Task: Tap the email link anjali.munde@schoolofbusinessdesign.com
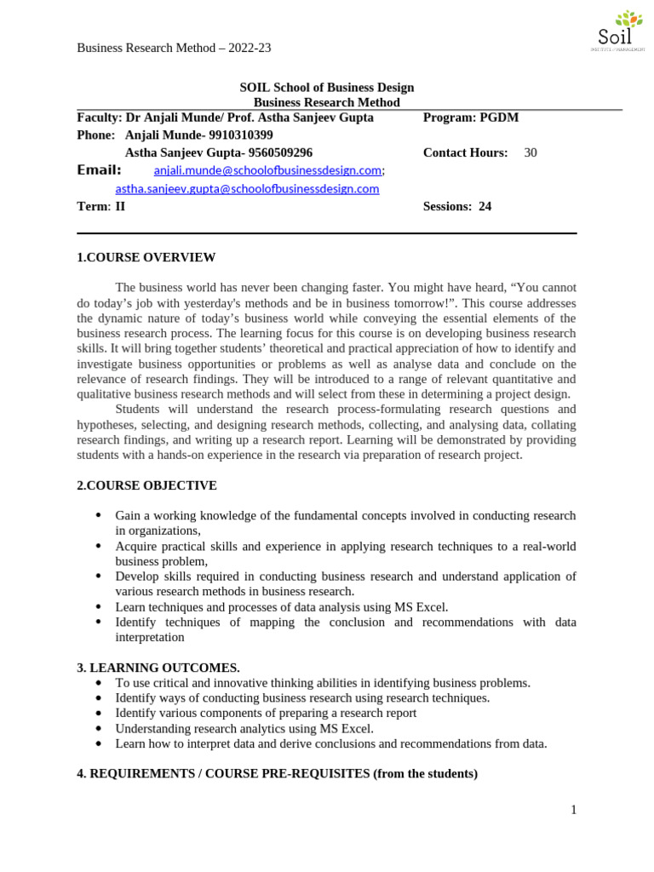click(x=267, y=171)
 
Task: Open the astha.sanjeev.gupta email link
click(x=247, y=189)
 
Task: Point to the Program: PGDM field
click(x=470, y=118)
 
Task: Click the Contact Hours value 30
click(x=531, y=153)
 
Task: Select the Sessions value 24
click(x=485, y=207)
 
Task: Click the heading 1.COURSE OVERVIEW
click(x=146, y=258)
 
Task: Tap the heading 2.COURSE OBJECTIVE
click(x=146, y=486)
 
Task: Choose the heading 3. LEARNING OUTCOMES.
click(x=158, y=668)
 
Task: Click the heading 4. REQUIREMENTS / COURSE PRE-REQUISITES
click(x=277, y=774)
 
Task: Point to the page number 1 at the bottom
click(x=574, y=810)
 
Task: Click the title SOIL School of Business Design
click(x=326, y=88)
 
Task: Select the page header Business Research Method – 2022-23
click(x=174, y=48)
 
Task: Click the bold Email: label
click(x=99, y=170)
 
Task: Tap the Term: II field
click(x=100, y=207)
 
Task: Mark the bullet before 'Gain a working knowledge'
click(x=99, y=516)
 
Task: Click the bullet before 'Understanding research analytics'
click(x=99, y=729)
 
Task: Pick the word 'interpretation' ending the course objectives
click(x=149, y=638)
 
